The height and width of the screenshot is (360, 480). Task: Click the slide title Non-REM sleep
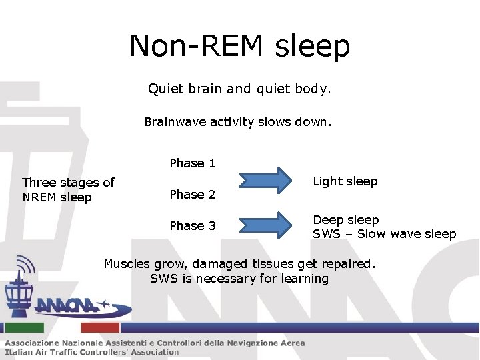click(239, 46)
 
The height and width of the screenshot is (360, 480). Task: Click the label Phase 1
click(193, 163)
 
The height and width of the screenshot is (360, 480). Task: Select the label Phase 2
click(193, 195)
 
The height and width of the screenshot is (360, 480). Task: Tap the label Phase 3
click(193, 226)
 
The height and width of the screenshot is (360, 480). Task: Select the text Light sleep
click(345, 181)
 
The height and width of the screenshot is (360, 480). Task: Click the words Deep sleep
click(346, 220)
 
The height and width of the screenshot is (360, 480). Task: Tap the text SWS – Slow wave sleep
click(385, 234)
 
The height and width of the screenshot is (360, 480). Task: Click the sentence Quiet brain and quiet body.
click(239, 89)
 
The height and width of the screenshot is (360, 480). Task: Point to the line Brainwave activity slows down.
click(238, 123)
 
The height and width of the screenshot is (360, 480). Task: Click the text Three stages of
click(68, 182)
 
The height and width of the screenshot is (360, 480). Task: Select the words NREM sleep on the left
click(57, 197)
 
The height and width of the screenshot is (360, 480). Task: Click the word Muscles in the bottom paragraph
click(127, 264)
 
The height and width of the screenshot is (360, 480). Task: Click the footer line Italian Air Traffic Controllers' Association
click(92, 352)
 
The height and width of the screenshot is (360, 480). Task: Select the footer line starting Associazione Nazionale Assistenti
click(155, 343)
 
